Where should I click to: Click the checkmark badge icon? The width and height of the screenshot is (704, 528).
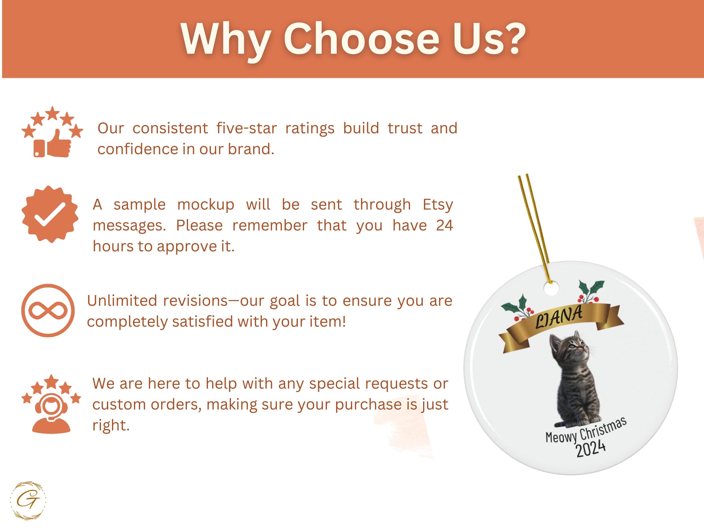point(50,214)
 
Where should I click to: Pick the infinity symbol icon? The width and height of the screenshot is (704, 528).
point(48,310)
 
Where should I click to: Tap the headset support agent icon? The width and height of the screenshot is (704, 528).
point(51,404)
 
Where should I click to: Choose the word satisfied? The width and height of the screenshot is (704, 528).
point(202,321)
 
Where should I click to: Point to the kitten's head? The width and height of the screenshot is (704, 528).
point(568,347)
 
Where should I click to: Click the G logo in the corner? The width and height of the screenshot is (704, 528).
point(28,500)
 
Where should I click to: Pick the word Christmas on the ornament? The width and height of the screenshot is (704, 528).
point(603,428)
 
